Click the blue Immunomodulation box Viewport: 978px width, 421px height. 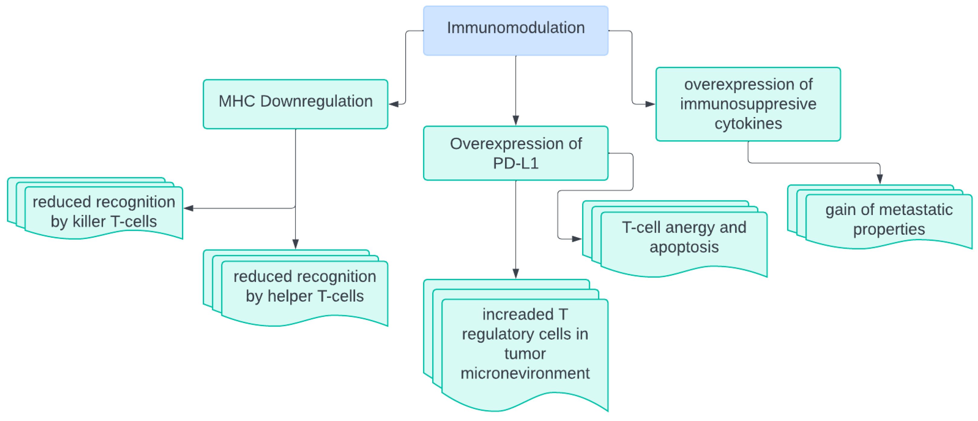(515, 31)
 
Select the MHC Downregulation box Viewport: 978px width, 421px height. (295, 103)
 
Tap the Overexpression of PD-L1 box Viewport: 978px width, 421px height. (515, 153)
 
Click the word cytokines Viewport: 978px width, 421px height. (748, 123)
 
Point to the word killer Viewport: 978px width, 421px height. (89, 221)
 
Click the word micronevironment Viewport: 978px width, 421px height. (525, 373)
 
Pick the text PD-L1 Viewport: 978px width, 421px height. (515, 163)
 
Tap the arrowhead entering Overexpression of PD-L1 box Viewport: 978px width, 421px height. (516, 120)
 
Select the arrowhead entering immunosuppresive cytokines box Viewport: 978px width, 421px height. (650, 104)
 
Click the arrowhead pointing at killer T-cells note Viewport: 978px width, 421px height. (189, 208)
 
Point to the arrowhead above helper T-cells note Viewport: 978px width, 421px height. (295, 244)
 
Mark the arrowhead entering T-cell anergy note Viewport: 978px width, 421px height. (576, 239)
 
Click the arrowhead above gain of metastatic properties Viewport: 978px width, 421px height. (880, 178)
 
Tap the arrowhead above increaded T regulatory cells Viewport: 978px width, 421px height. (516, 274)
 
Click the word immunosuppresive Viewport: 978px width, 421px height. (748, 104)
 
